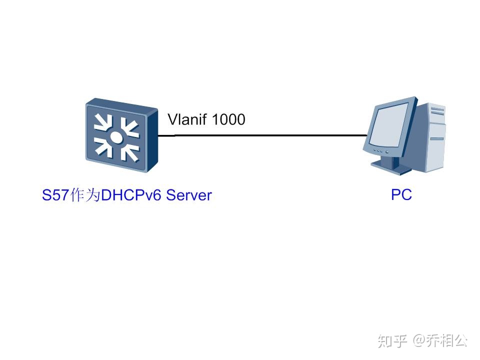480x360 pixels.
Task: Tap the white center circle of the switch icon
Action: pos(116,137)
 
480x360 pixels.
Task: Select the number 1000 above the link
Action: pos(228,119)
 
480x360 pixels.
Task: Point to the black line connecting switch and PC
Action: pos(265,135)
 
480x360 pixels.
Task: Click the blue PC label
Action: pos(401,194)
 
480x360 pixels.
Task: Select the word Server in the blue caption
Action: pos(189,195)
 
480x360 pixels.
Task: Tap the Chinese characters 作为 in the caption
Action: pos(86,195)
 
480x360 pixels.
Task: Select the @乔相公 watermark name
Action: pos(440,341)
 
